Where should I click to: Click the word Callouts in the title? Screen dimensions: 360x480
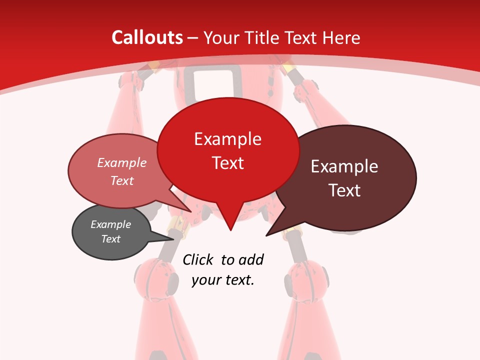[x=147, y=37]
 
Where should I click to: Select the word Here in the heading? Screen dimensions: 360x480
[x=341, y=37]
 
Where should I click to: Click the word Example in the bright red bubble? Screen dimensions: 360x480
[x=227, y=139]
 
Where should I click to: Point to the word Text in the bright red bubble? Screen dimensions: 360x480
[x=227, y=163]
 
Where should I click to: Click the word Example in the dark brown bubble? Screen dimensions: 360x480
[x=344, y=166]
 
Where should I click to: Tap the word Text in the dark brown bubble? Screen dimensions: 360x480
[x=344, y=190]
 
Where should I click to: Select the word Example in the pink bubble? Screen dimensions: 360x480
[x=122, y=162]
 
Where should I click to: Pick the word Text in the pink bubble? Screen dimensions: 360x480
[x=122, y=180]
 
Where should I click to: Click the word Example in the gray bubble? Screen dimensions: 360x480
[x=110, y=224]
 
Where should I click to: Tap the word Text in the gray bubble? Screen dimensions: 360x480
[x=110, y=239]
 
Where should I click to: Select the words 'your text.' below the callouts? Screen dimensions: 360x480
[x=223, y=280]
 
